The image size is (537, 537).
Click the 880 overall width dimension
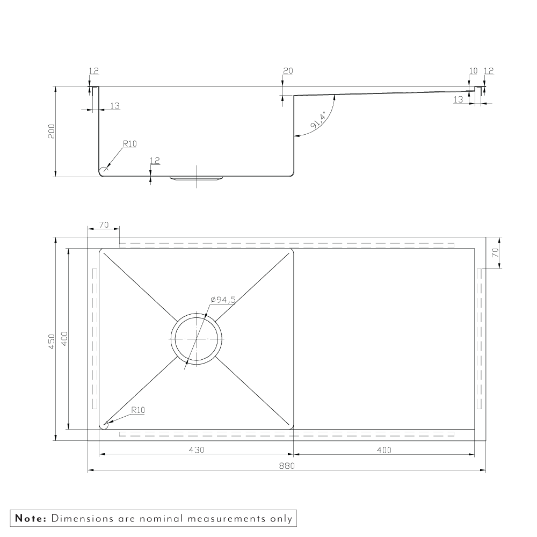(287, 466)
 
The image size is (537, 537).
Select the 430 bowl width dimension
(196, 449)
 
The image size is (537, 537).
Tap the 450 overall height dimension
(52, 342)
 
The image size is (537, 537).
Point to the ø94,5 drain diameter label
(223, 300)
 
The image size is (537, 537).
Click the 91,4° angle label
(318, 120)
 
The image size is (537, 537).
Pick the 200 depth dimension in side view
(52, 131)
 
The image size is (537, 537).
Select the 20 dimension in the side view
(288, 71)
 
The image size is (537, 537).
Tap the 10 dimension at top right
(473, 71)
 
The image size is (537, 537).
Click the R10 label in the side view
(130, 144)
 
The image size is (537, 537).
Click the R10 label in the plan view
(138, 410)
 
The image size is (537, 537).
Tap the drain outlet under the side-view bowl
(196, 178)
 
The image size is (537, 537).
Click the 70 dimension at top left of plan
(104, 224)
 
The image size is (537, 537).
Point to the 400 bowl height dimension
(65, 339)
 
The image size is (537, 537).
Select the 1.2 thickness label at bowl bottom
(155, 161)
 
